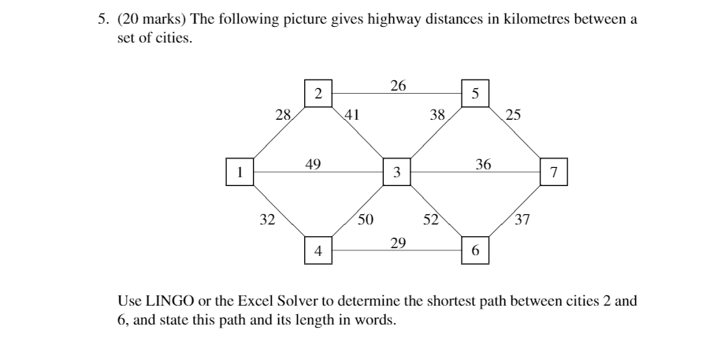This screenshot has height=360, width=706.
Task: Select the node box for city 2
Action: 318,93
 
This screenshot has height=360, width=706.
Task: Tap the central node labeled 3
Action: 396,172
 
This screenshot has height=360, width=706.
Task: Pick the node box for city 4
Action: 318,251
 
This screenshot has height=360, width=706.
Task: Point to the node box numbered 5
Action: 474,93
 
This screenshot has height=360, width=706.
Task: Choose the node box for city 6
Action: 474,251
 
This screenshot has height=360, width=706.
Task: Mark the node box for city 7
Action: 554,172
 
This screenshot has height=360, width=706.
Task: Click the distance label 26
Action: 398,85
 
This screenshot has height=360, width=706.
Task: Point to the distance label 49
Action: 313,164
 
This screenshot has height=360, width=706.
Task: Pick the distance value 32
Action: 268,220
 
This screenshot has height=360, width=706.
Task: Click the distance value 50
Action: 366,219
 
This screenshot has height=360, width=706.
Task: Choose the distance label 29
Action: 398,243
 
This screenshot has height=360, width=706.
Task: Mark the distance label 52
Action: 431,219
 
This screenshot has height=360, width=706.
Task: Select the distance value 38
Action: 437,115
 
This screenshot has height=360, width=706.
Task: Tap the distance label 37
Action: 522,220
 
